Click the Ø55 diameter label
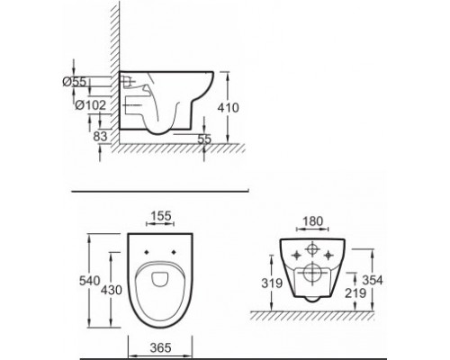point(78,81)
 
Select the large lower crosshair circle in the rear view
point(311,272)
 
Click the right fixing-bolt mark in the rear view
point(333,255)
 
